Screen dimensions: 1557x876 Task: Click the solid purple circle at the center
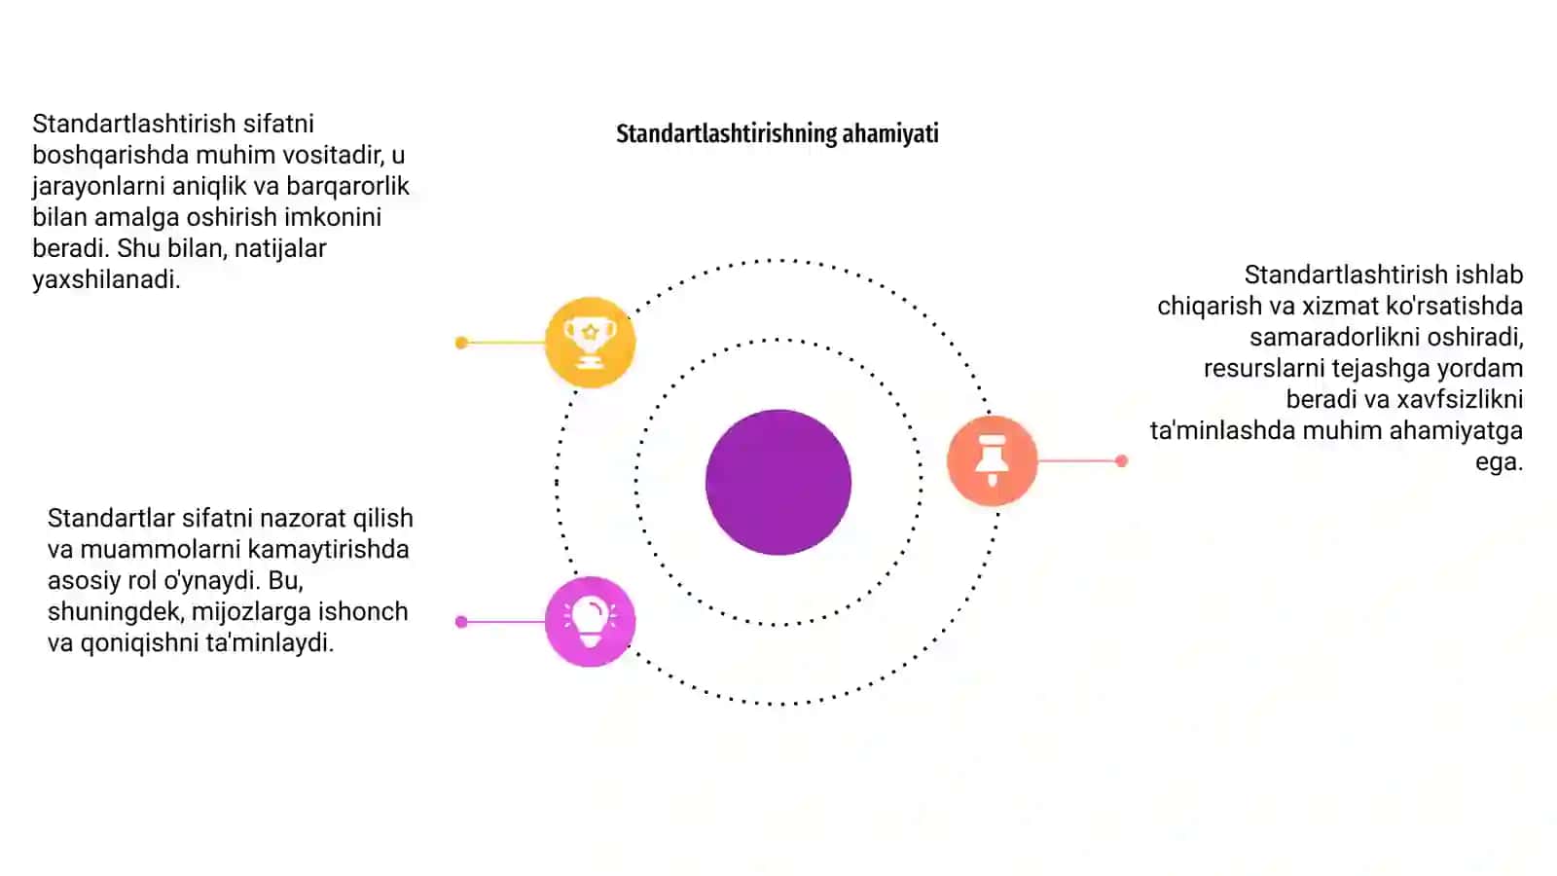tap(778, 483)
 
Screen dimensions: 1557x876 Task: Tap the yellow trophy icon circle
tap(590, 342)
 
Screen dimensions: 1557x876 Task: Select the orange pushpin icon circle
tap(992, 460)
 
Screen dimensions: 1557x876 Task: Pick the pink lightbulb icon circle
tap(590, 622)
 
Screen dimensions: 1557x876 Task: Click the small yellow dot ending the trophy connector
tap(461, 343)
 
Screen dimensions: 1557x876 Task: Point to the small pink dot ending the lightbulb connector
tap(461, 622)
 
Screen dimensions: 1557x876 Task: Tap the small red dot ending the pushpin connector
tap(1121, 460)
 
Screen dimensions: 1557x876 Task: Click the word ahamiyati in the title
tap(890, 133)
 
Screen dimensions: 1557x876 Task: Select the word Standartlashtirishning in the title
tap(726, 133)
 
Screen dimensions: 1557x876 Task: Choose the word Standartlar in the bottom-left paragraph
tap(111, 518)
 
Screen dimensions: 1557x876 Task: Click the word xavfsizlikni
tap(1460, 399)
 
